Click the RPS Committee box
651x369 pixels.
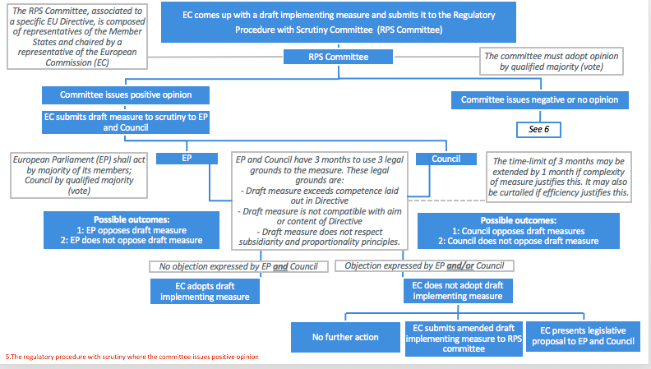338,57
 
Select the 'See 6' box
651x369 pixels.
538,130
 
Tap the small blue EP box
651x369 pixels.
187,158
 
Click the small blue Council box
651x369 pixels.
446,159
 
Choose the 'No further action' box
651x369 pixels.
345,337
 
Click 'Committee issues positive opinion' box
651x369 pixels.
126,95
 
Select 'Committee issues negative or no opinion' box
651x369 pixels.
540,100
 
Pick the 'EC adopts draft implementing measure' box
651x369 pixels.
205,292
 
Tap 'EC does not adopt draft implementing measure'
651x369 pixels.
458,291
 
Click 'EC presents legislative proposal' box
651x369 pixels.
583,336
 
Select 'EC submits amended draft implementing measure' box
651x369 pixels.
464,339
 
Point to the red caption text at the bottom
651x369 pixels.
132,357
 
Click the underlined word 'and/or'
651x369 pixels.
460,266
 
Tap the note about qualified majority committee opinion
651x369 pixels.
552,62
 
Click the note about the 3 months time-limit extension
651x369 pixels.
558,177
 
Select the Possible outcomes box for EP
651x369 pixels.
132,230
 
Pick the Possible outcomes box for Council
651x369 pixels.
519,231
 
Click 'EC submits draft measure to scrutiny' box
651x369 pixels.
126,122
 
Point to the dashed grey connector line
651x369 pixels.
446,201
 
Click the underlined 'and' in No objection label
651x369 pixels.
280,267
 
